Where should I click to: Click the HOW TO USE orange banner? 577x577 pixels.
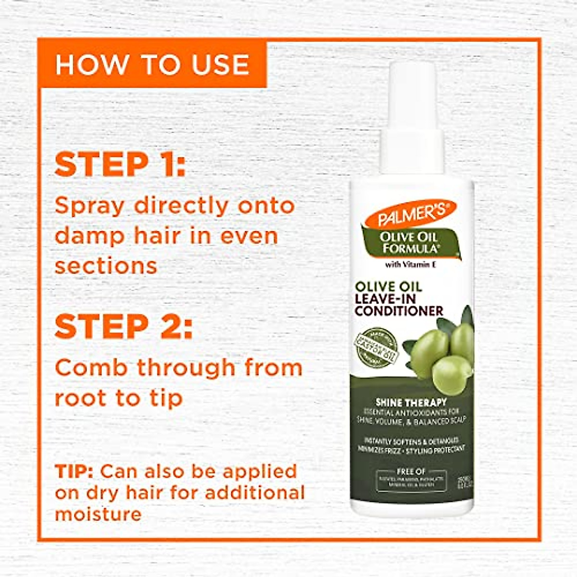tap(152, 64)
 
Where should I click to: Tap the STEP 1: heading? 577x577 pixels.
tap(120, 165)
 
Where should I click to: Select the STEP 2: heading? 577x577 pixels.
tap(124, 326)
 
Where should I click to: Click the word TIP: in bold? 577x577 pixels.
tap(75, 471)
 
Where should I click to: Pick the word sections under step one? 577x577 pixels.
tap(106, 266)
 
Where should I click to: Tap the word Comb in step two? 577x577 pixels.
tap(91, 368)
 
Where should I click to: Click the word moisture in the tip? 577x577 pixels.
tap(98, 514)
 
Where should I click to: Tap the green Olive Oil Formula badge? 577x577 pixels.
tap(409, 242)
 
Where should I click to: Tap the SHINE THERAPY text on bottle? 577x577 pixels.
tap(411, 402)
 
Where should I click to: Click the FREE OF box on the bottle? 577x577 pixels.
tap(411, 478)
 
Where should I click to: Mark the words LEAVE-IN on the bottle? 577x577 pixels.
tap(386, 299)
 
